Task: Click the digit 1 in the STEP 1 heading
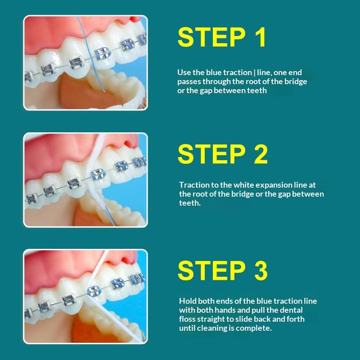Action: tap(261, 37)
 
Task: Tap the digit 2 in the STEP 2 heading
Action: tap(261, 154)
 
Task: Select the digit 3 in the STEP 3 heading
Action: tap(261, 270)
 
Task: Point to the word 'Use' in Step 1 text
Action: tap(184, 72)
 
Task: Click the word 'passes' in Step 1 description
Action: tap(189, 82)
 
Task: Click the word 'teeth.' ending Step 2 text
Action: tap(190, 203)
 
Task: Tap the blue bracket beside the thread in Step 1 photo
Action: tap(103, 54)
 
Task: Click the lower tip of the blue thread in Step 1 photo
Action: tap(104, 91)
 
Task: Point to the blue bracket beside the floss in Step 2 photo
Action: tap(99, 174)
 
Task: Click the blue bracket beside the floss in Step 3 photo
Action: tap(94, 291)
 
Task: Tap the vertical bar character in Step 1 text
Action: tap(254, 73)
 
